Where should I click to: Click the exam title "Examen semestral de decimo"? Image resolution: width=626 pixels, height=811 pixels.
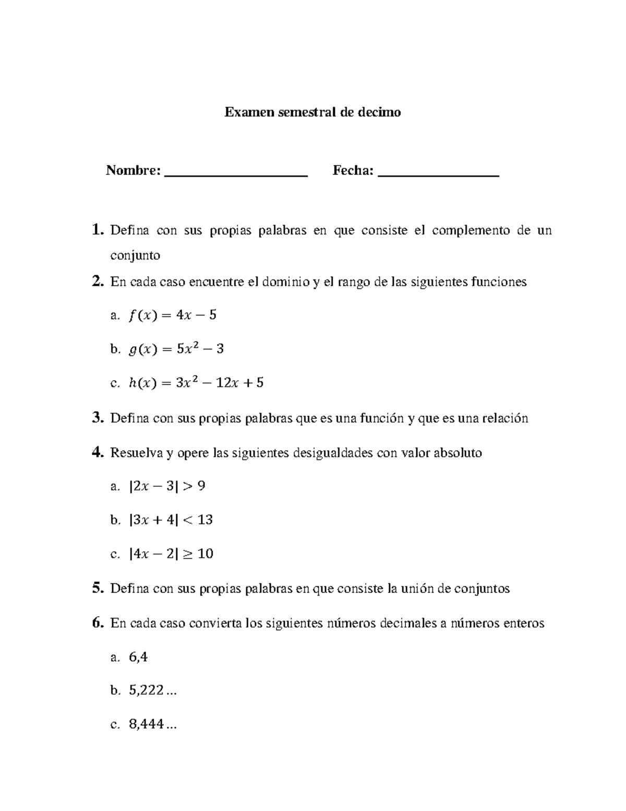(312, 112)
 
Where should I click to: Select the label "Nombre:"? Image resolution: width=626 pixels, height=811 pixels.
(133, 171)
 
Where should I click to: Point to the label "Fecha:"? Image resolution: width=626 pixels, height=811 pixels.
(353, 171)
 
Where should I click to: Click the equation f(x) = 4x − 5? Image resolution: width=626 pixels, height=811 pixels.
(172, 315)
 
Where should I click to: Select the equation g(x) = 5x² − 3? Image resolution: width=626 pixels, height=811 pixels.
(176, 349)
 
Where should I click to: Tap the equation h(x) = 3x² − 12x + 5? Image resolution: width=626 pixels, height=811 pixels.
(196, 383)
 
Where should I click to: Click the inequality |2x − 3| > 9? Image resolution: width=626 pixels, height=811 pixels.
(166, 486)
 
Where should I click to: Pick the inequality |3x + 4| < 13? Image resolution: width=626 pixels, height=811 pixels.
(170, 520)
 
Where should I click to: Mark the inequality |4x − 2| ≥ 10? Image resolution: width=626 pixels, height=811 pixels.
(171, 554)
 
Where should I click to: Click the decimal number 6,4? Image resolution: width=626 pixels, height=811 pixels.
(138, 657)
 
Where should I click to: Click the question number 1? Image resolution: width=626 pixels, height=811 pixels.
(97, 230)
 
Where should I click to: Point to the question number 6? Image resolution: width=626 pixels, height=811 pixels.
(98, 622)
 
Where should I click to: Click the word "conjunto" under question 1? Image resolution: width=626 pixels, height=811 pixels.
(135, 256)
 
